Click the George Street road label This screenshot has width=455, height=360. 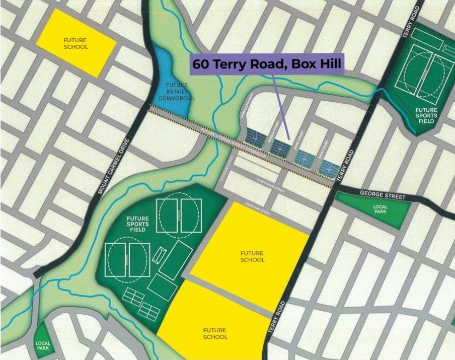383,194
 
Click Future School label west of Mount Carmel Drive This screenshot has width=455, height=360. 75,43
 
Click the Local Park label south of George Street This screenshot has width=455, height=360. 381,209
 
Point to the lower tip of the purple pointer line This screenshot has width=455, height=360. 288,138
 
